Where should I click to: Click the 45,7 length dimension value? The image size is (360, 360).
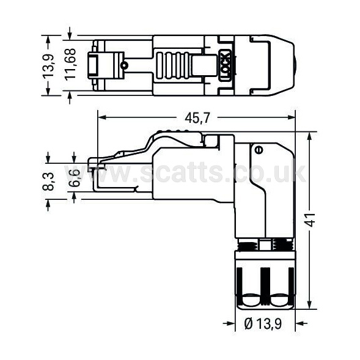tap(197, 118)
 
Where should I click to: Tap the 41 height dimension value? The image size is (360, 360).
tap(311, 220)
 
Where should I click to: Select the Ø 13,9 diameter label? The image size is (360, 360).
tap(263, 324)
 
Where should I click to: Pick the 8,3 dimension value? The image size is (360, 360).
tap(48, 182)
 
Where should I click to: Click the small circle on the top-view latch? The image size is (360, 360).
tap(125, 65)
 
